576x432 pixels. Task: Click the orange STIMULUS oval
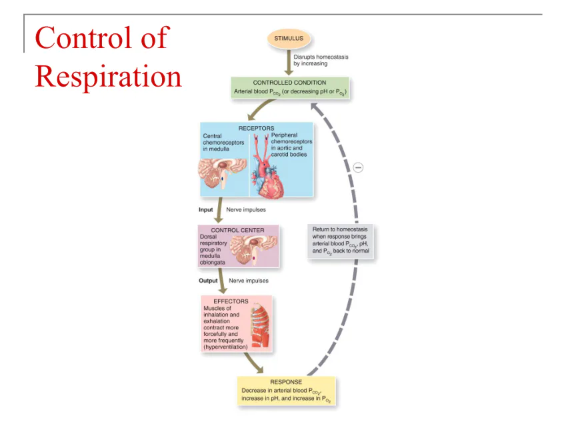(x=289, y=39)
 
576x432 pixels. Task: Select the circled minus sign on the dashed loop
(x=358, y=167)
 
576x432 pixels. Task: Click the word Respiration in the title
(x=108, y=76)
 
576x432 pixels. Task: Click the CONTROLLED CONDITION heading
(x=290, y=82)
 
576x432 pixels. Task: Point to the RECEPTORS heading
(x=256, y=127)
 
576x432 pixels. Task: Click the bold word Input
(x=206, y=209)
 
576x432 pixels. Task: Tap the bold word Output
(x=208, y=281)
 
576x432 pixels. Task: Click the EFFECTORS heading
(x=231, y=301)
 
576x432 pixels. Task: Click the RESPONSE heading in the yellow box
(x=286, y=382)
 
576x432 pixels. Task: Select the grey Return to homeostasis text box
(x=340, y=241)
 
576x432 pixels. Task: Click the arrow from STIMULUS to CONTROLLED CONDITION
(x=289, y=63)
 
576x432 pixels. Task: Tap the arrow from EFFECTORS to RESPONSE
(x=253, y=363)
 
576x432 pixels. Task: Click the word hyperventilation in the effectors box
(x=225, y=347)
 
